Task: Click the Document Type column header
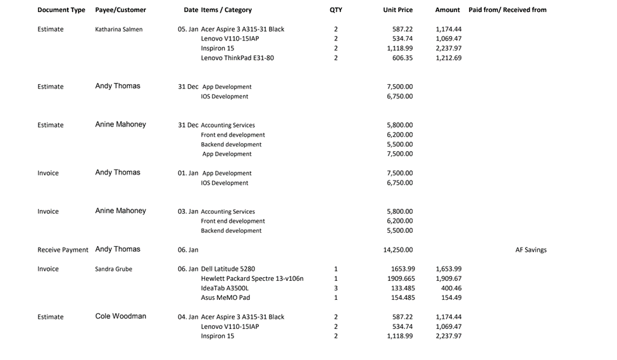coord(61,10)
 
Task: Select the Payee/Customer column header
coord(120,10)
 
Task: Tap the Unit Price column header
coord(397,10)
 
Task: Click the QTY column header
coord(335,10)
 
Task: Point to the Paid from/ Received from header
coord(508,10)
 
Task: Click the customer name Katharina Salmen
coord(118,29)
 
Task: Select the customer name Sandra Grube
coord(113,269)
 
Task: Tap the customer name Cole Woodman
coord(120,316)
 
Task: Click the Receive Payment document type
coord(63,250)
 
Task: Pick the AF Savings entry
coord(531,250)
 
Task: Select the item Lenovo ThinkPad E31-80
coord(237,58)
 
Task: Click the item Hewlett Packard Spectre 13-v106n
coord(252,278)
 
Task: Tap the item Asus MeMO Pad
coord(225,297)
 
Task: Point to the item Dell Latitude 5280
coord(228,269)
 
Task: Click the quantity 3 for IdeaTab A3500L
coord(335,288)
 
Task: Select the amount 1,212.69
coord(449,58)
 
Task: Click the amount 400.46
coord(451,288)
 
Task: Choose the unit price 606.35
coord(402,58)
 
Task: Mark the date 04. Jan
coord(188,317)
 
